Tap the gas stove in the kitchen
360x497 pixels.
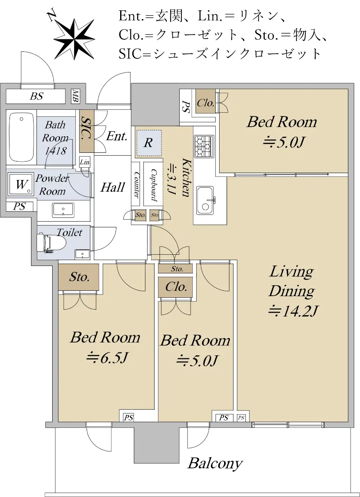pos(204,146)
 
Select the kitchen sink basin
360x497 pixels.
pos(205,200)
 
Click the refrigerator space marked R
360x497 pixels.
pos(149,143)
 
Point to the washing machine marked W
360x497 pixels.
pos(21,184)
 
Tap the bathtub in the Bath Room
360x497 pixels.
pos(22,137)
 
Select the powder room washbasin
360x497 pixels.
pos(63,210)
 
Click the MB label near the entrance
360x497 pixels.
pos(75,96)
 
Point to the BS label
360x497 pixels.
pos(36,96)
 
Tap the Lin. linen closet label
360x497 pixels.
pos(85,162)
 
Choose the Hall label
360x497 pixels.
pos(113,188)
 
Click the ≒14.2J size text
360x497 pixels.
pos(293,311)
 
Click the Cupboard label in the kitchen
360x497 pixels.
pos(154,185)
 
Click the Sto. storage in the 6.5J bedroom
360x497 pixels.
pos(79,277)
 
